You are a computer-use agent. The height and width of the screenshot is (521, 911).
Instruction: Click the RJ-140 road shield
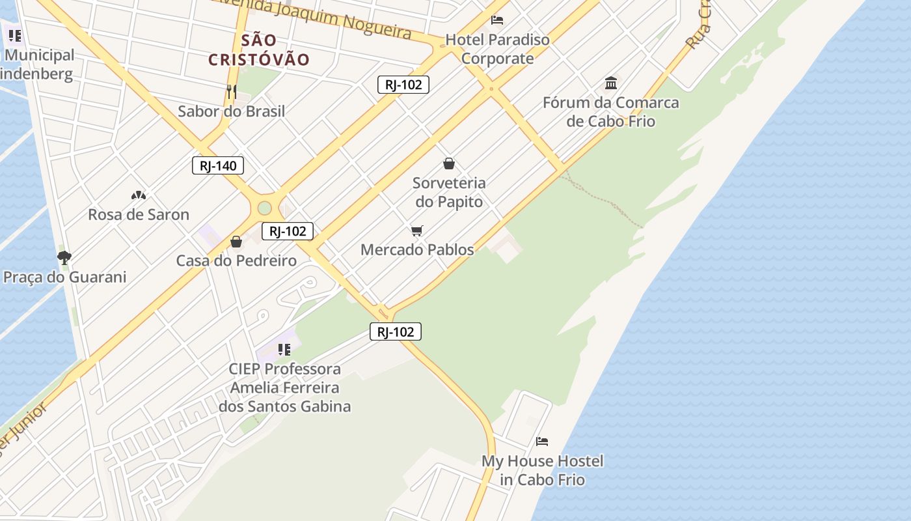(x=218, y=165)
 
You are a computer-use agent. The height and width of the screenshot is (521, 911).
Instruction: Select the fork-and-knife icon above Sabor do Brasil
(x=232, y=91)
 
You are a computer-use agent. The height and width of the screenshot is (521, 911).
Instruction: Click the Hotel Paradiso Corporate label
(x=498, y=49)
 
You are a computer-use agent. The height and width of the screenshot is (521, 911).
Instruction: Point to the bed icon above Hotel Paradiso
(x=497, y=20)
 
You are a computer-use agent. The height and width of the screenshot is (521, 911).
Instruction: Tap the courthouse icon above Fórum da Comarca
(x=611, y=83)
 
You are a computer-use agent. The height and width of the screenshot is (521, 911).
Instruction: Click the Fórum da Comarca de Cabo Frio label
(x=611, y=111)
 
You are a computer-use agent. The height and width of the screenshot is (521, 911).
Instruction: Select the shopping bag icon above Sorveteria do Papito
(x=449, y=163)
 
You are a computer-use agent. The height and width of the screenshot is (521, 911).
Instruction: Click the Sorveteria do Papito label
(x=450, y=192)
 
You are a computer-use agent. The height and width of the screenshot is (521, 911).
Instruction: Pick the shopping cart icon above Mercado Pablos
(x=417, y=231)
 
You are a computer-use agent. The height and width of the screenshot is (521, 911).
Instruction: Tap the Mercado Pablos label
(x=417, y=249)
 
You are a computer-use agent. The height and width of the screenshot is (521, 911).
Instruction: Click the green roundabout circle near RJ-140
(x=264, y=208)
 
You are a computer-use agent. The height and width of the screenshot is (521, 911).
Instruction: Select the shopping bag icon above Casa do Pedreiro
(x=236, y=242)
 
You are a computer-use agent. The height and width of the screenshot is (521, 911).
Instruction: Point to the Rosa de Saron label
(x=139, y=214)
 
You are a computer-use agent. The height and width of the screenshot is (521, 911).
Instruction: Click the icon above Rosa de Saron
(x=139, y=195)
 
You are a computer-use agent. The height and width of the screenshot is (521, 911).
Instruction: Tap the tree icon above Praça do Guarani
(x=64, y=257)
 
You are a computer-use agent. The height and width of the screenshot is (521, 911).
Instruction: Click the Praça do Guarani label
(x=65, y=277)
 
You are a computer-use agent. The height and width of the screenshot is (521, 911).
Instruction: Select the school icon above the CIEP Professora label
(x=284, y=350)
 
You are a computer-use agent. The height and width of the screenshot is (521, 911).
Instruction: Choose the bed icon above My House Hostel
(x=542, y=442)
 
